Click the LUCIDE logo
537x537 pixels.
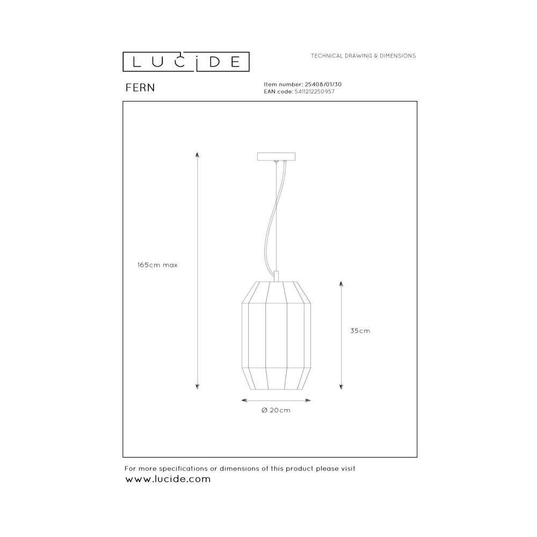pyautogui.click(x=186, y=62)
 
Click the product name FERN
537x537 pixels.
pyautogui.click(x=140, y=88)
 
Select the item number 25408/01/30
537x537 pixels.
pyautogui.click(x=323, y=84)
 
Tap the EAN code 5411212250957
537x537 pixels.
pyautogui.click(x=314, y=91)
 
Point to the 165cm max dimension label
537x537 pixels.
pyautogui.click(x=157, y=265)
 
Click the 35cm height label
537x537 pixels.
pyautogui.click(x=360, y=331)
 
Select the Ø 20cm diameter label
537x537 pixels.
pyautogui.click(x=276, y=410)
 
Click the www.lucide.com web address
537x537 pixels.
pyautogui.click(x=168, y=479)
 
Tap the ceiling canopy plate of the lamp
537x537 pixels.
pyautogui.click(x=276, y=156)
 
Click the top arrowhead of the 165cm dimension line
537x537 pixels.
pyautogui.click(x=197, y=155)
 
